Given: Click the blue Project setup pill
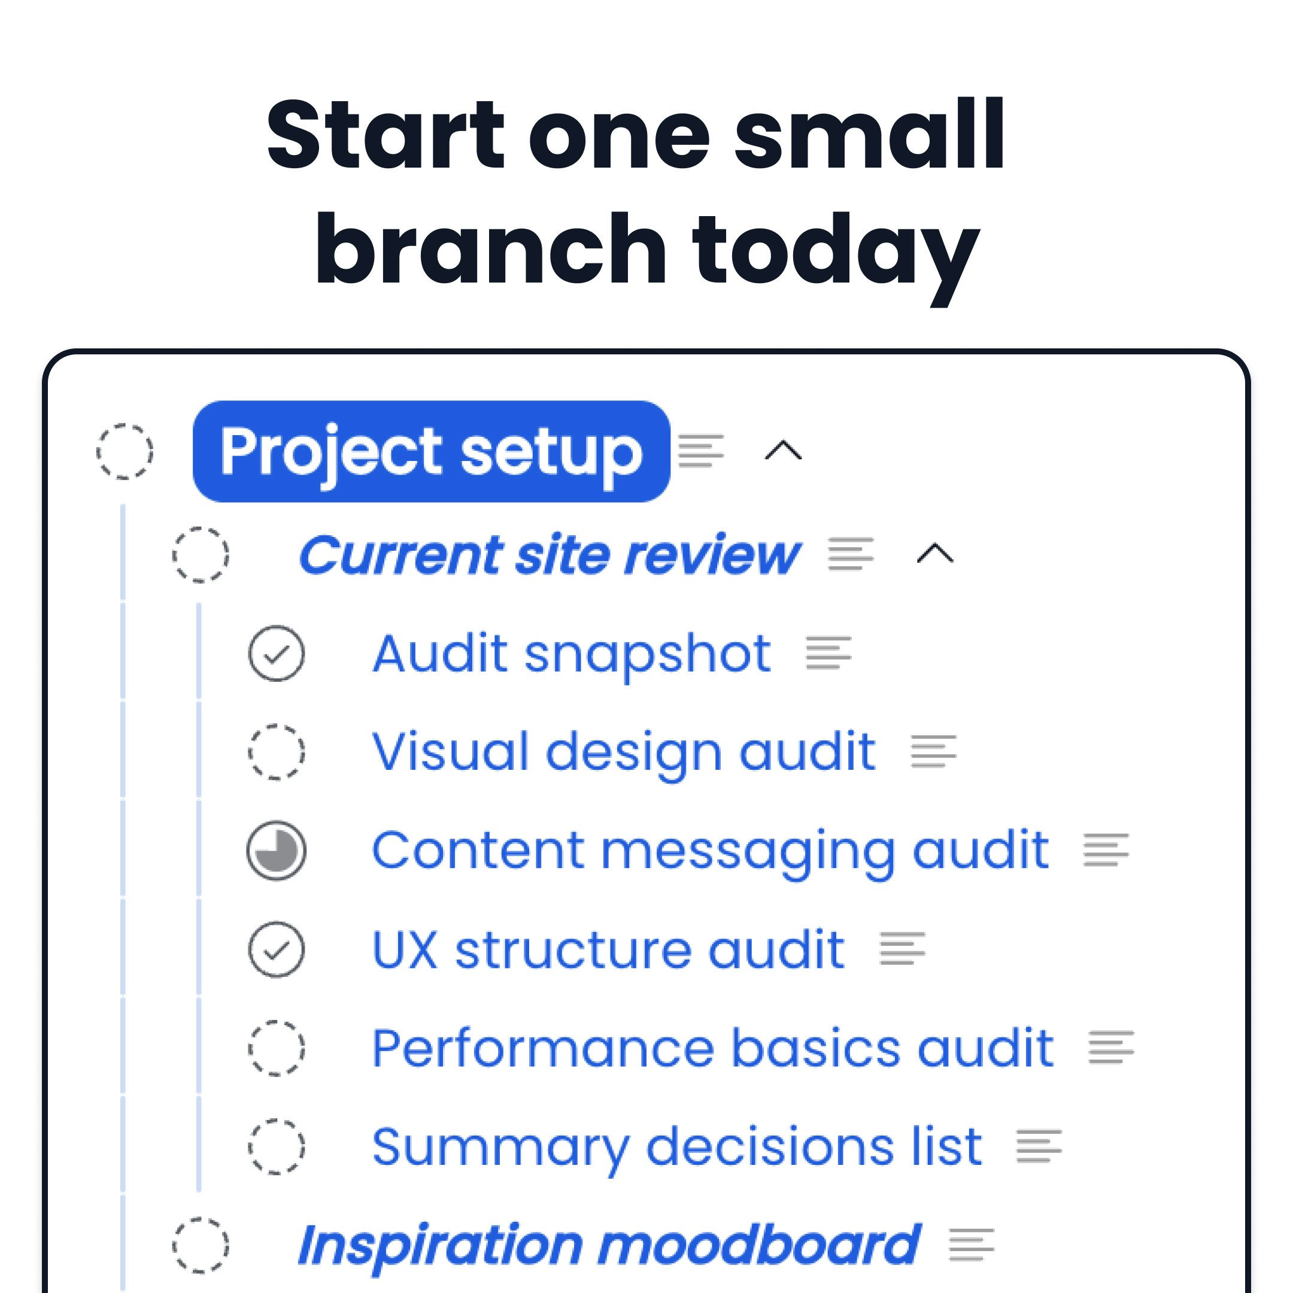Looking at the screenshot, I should [x=431, y=451].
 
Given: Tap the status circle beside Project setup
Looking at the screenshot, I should [x=125, y=451].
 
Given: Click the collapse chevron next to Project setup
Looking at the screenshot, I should [x=783, y=451].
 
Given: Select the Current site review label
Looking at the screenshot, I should [x=549, y=555].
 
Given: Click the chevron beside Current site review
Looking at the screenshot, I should [x=935, y=554].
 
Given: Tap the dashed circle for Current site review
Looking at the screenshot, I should [x=200, y=555].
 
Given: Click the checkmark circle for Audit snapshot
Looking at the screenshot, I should [x=277, y=653].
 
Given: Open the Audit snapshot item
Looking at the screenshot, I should [x=572, y=653].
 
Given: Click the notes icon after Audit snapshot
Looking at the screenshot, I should [x=828, y=653].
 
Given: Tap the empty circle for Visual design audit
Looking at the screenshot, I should [x=277, y=752].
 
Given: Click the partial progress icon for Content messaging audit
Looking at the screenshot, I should [x=277, y=851].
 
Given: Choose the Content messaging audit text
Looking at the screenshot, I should [x=710, y=851].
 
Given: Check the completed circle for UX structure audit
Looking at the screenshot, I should [x=277, y=949].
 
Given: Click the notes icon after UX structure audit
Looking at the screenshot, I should [x=902, y=949].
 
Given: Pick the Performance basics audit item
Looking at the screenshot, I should [x=713, y=1048].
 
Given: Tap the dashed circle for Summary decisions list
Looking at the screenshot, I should [x=277, y=1147].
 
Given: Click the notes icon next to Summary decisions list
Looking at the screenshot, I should [x=1039, y=1146].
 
